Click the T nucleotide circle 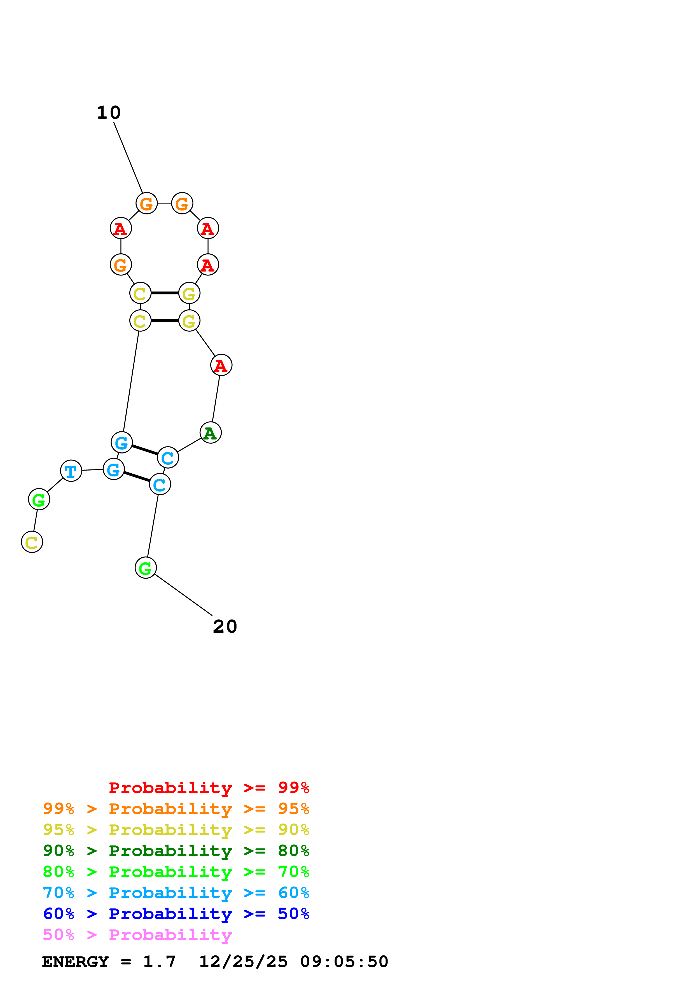pyautogui.click(x=71, y=471)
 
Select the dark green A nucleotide pyautogui.click(x=210, y=433)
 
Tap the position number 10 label pyautogui.click(x=109, y=113)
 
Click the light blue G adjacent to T pyautogui.click(x=114, y=470)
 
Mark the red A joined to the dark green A pyautogui.click(x=221, y=365)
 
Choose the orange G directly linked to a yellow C pyautogui.click(x=121, y=265)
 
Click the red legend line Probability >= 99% pyautogui.click(x=209, y=788)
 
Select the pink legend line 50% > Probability pyautogui.click(x=137, y=935)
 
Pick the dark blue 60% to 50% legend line pyautogui.click(x=176, y=914)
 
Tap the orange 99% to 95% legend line pyautogui.click(x=176, y=809)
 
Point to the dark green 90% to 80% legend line pyautogui.click(x=176, y=851)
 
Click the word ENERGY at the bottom pyautogui.click(x=75, y=962)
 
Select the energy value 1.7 pyautogui.click(x=159, y=962)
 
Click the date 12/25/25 pyautogui.click(x=243, y=962)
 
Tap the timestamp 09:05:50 pyautogui.click(x=344, y=962)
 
